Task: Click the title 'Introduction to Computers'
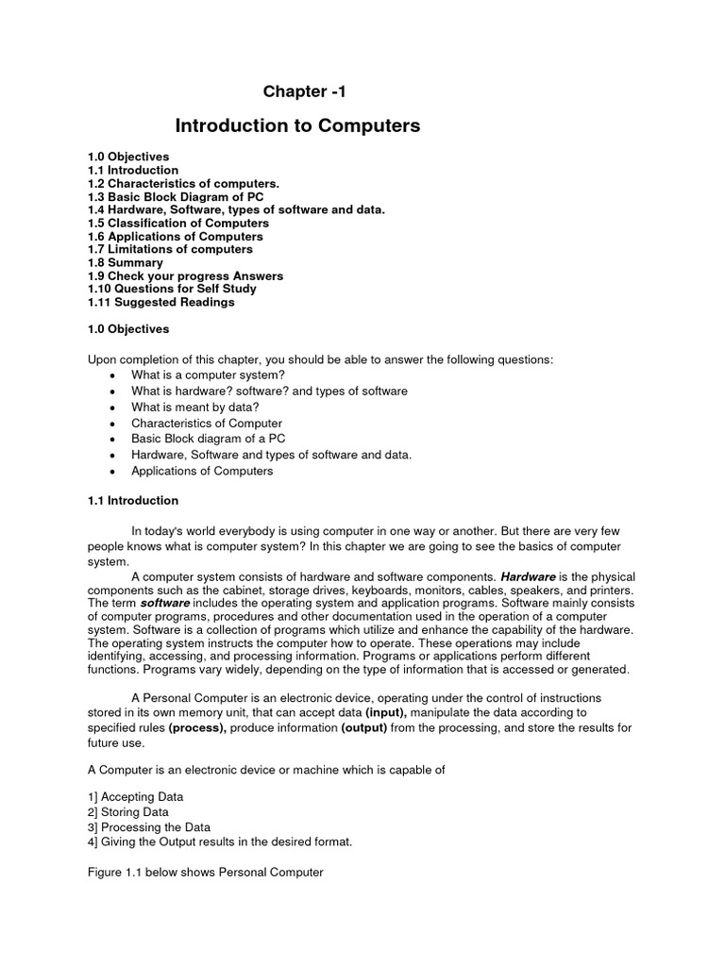[297, 125]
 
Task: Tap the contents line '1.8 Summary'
[125, 262]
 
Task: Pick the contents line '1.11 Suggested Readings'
[160, 302]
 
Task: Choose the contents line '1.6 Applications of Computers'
[175, 236]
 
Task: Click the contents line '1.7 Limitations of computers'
[170, 249]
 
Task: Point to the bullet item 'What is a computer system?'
[208, 375]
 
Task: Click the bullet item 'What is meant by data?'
[194, 407]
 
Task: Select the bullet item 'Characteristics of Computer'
[207, 423]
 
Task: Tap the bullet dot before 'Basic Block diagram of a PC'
[112, 440]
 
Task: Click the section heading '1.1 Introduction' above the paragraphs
[132, 501]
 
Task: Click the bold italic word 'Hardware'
[528, 575]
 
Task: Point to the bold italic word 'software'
[165, 602]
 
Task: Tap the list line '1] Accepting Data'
[135, 796]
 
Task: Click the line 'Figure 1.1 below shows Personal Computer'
[205, 873]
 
